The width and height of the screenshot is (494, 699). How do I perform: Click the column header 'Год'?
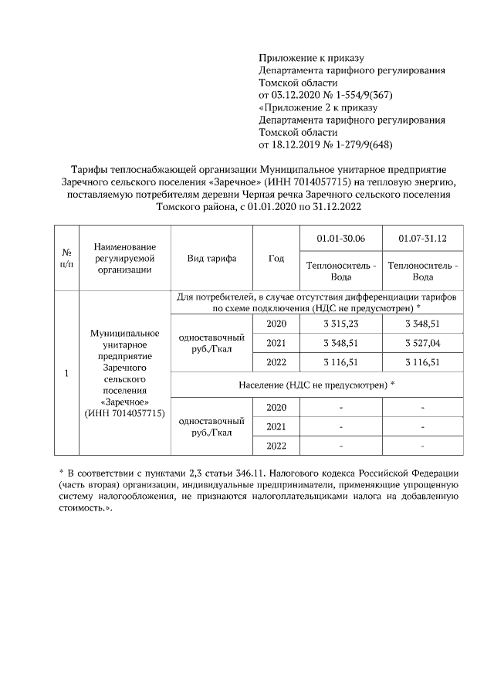[x=276, y=258]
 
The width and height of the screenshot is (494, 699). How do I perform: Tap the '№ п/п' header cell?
[x=66, y=258]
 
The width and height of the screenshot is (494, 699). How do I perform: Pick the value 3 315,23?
[x=340, y=324]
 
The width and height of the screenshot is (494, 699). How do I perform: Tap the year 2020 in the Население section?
[x=276, y=407]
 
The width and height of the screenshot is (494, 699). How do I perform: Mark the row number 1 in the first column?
[x=66, y=374]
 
